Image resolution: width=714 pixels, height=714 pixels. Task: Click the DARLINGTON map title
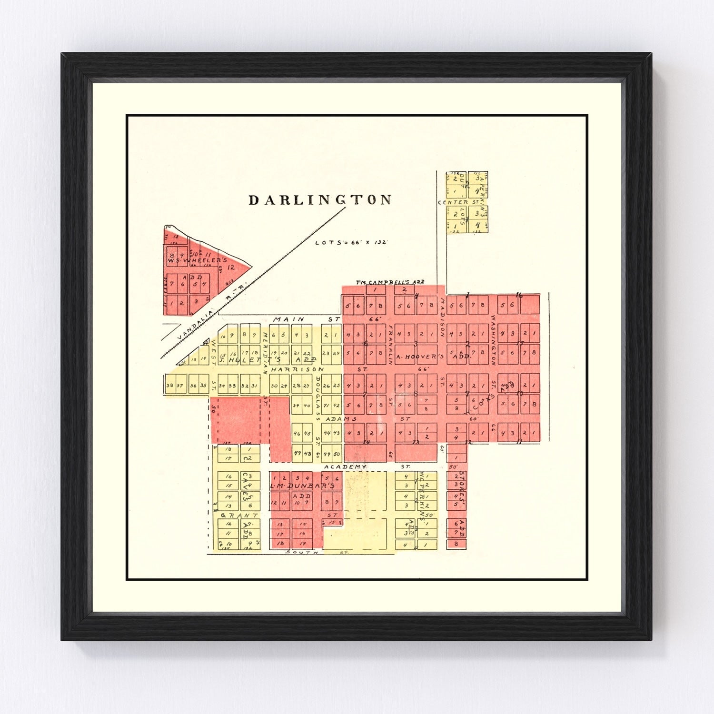[320, 200]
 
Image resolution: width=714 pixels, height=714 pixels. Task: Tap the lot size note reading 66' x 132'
[351, 242]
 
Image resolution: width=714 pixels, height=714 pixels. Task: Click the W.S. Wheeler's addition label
[197, 261]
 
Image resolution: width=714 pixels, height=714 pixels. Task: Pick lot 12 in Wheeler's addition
[231, 268]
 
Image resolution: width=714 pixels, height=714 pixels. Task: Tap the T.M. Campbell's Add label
[390, 282]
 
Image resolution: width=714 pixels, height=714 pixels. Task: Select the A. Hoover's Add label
[433, 357]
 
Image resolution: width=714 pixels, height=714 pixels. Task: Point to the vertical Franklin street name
[389, 345]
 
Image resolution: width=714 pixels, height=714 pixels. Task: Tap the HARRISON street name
[297, 369]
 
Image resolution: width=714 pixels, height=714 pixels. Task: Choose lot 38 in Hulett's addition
[170, 386]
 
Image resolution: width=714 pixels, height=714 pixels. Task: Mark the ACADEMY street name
[345, 467]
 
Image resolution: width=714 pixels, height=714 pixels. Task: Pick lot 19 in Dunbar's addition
[302, 543]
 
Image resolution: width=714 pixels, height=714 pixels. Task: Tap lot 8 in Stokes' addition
[456, 544]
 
